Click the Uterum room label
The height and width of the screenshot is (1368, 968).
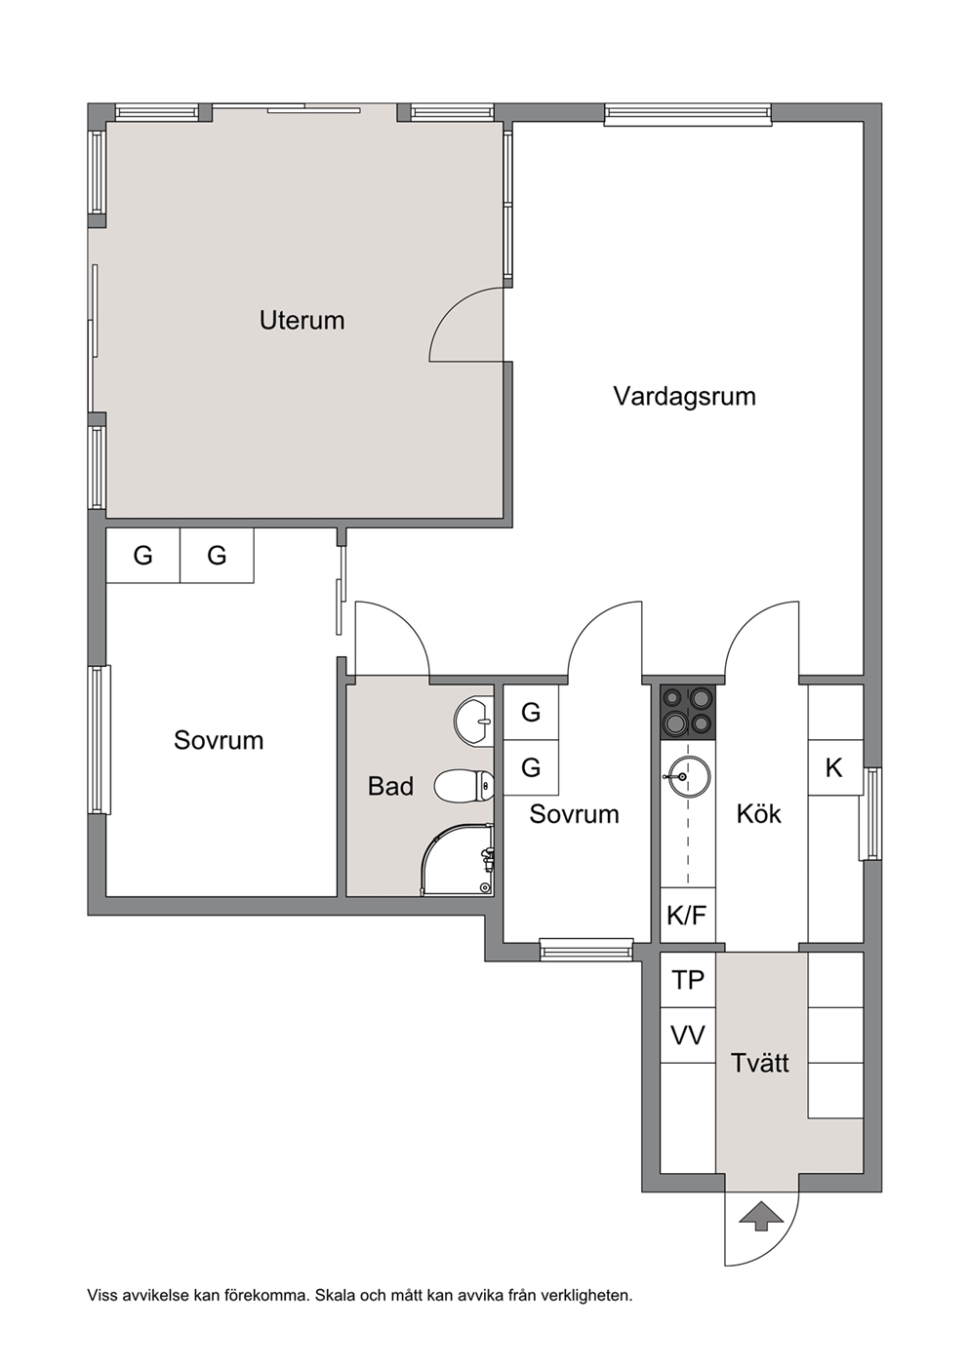click(302, 321)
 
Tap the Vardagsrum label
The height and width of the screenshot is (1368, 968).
click(684, 396)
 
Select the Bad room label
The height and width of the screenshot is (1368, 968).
click(390, 786)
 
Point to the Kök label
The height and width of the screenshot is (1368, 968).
click(758, 813)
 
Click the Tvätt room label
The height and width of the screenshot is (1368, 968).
click(759, 1063)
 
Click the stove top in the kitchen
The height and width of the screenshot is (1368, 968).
click(688, 713)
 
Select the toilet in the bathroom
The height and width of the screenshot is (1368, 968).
click(464, 785)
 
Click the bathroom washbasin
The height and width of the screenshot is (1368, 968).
click(473, 722)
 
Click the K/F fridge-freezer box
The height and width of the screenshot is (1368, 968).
click(688, 915)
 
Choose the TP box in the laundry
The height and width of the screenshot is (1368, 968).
click(688, 980)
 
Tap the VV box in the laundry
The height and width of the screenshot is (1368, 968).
click(688, 1036)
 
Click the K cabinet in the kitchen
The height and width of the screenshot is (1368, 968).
click(834, 767)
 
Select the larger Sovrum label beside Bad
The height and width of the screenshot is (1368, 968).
click(219, 740)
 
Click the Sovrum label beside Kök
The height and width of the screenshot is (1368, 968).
click(574, 814)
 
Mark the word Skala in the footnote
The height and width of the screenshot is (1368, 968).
click(333, 1290)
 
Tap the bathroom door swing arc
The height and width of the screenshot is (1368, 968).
click(408, 623)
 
